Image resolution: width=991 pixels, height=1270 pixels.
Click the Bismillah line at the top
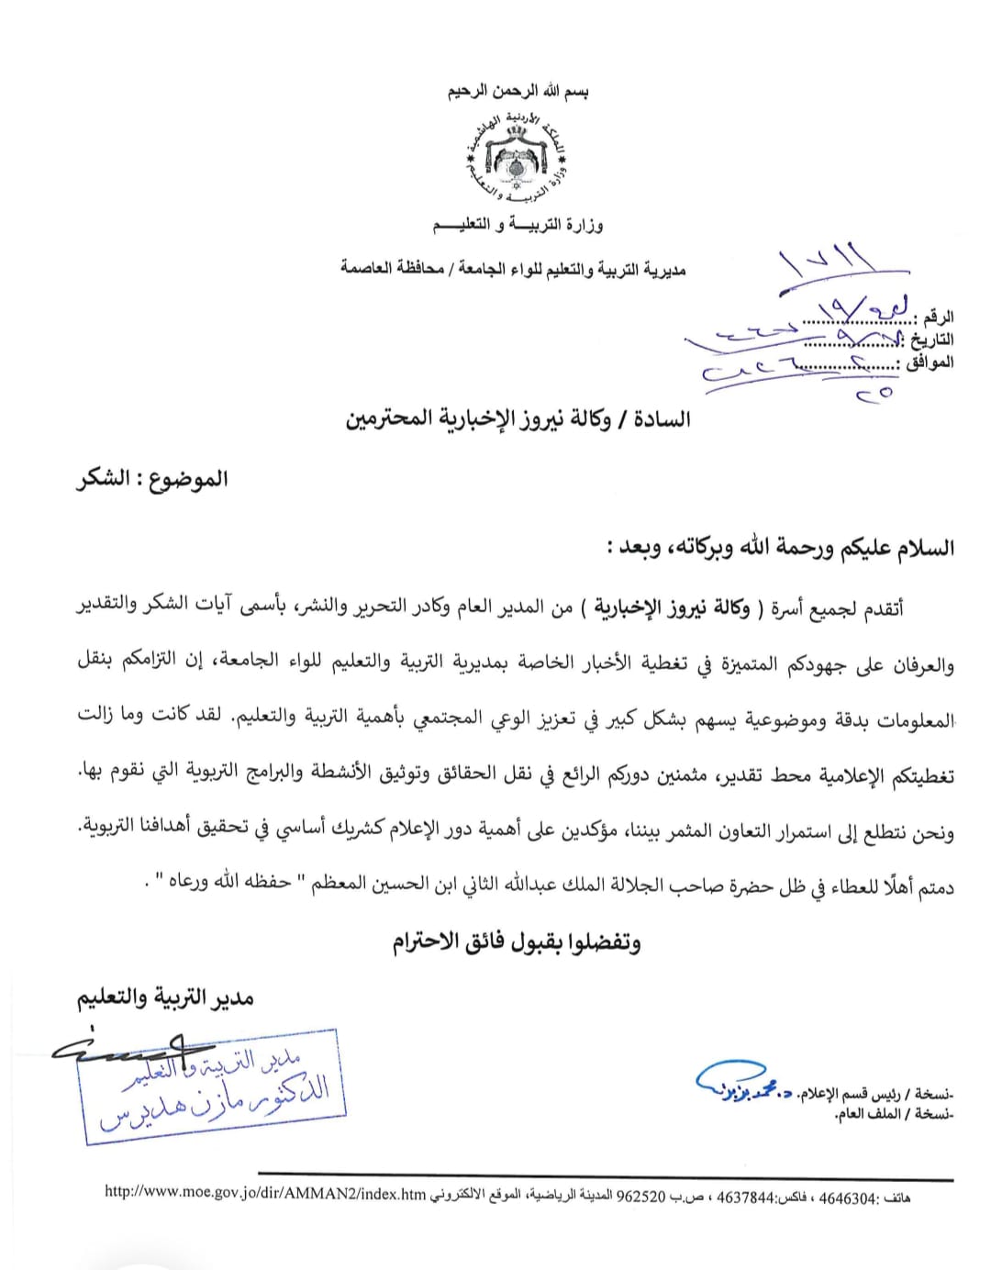518,92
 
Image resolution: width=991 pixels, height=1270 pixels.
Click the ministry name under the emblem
518,225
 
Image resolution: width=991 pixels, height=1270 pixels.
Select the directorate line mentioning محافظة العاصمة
513,269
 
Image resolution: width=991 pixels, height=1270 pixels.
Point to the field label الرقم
937,317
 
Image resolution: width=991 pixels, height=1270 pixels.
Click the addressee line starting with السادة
518,419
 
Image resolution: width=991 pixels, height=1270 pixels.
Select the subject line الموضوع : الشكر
151,479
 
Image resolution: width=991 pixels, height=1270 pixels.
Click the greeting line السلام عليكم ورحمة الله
780,548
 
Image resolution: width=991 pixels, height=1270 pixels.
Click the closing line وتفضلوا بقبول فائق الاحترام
517,941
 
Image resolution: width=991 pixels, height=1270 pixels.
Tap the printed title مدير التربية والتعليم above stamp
165,997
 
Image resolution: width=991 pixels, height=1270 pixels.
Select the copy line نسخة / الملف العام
895,1115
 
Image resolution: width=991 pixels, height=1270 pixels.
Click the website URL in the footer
265,1194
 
